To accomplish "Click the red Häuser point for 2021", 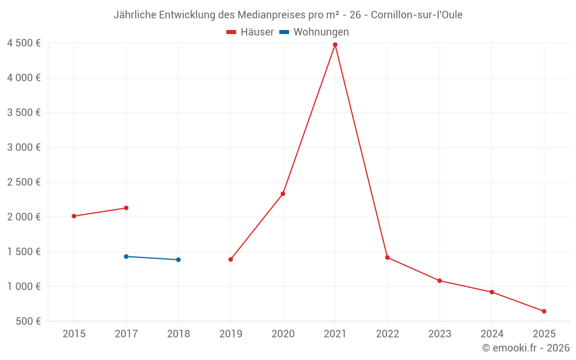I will [x=335, y=44].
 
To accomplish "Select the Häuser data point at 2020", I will [x=283, y=194].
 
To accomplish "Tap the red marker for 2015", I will [x=74, y=216].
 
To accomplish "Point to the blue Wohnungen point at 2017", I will [x=126, y=256].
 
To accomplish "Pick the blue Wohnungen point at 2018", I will [x=179, y=260].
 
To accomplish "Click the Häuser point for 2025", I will [x=544, y=311].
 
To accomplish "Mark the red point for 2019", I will [x=230, y=259].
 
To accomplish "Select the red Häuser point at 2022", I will [x=387, y=257].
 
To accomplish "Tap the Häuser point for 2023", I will [x=439, y=281].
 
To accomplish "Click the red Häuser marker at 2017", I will [x=126, y=208].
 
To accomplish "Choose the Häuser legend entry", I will [x=250, y=32].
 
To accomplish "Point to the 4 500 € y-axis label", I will [x=24, y=43].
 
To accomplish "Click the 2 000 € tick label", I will [x=24, y=217].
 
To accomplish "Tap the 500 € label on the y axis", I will [x=28, y=321].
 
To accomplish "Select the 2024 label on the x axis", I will [x=492, y=334].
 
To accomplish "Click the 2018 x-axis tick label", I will [x=179, y=334].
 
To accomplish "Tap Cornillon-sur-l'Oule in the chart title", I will [x=416, y=14].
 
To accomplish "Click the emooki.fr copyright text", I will [x=526, y=348].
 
